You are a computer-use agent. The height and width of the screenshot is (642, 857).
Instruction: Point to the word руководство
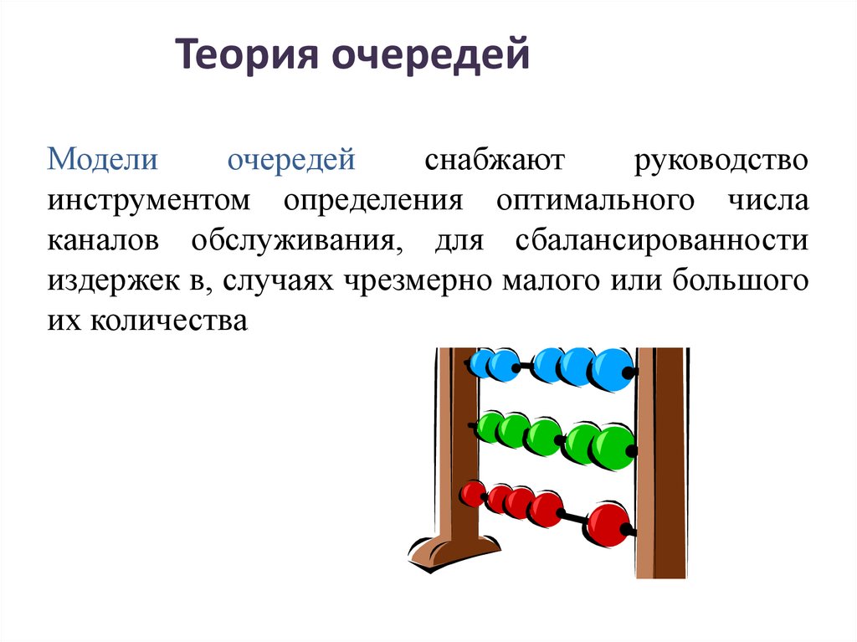click(721, 159)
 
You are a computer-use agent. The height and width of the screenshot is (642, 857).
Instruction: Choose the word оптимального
click(595, 200)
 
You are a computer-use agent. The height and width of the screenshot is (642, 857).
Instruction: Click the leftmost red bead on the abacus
click(473, 494)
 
